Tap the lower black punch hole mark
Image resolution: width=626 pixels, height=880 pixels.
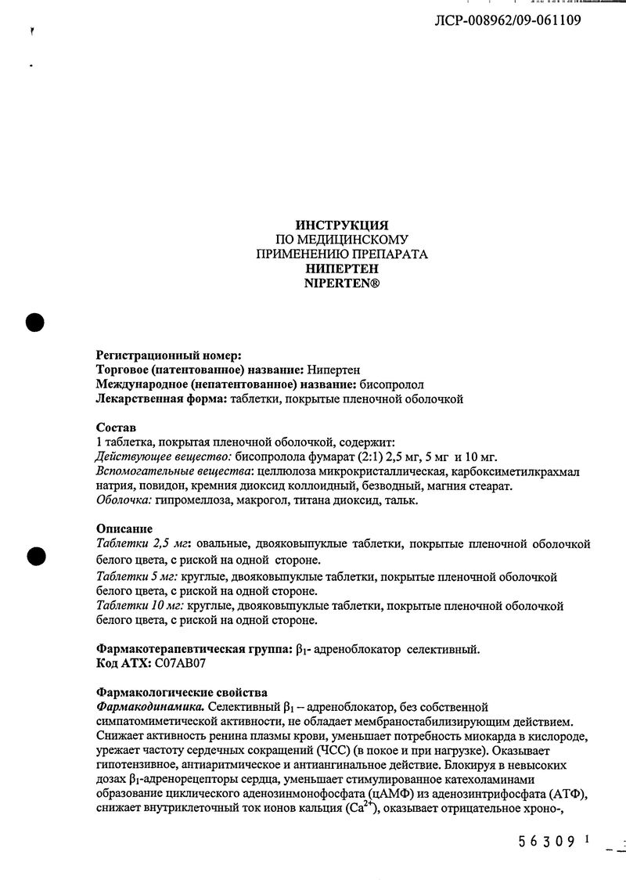tap(34, 555)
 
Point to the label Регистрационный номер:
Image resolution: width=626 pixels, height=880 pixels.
tap(169, 355)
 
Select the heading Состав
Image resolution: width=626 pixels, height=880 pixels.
tap(116, 428)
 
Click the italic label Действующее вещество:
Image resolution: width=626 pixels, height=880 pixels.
tap(163, 457)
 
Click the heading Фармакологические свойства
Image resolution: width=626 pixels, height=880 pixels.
tap(182, 692)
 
